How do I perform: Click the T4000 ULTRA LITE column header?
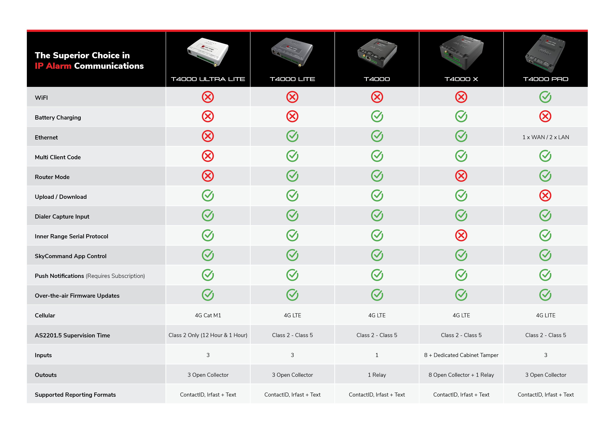pos(208,79)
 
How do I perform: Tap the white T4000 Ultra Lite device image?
pos(208,52)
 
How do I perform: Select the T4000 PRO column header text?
pos(546,79)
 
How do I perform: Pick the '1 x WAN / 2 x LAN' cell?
pos(546,137)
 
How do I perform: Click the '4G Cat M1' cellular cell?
pos(208,316)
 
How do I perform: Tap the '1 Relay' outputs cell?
pos(377,375)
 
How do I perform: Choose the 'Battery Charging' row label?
pos(58,118)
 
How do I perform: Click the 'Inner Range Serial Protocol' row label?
pos(71,236)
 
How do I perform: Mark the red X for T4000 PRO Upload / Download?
pos(545,196)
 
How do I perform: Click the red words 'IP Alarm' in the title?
pos(53,66)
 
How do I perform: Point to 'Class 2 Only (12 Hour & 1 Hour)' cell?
pos(208,335)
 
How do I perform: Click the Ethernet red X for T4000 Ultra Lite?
pos(208,136)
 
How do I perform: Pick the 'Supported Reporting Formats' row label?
pos(75,395)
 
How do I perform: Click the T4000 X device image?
pos(461,52)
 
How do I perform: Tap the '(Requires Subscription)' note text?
pos(115,276)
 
